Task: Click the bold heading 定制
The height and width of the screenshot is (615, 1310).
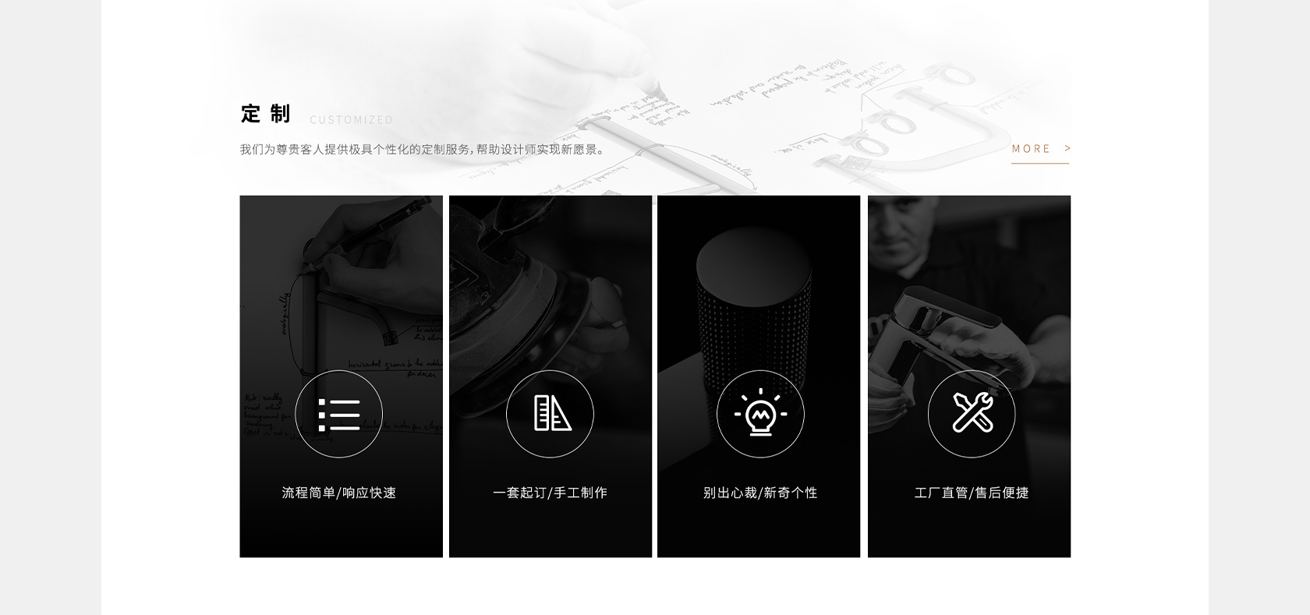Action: [x=265, y=114]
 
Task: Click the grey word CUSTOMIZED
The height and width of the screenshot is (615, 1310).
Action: [x=352, y=120]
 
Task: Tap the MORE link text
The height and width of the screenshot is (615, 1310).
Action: [x=1031, y=149]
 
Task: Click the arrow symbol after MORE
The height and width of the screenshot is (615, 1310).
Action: [x=1067, y=148]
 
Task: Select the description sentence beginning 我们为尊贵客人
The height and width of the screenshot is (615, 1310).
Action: [x=422, y=150]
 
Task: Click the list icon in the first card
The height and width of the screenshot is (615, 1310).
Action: [x=339, y=414]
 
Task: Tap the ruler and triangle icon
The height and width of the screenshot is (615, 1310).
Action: [x=551, y=413]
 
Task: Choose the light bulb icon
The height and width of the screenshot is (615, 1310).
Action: [x=760, y=414]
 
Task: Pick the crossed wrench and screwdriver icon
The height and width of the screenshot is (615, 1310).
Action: [x=972, y=413]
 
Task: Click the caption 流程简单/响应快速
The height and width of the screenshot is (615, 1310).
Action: [x=339, y=493]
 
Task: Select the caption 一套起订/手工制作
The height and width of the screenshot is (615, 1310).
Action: [x=551, y=493]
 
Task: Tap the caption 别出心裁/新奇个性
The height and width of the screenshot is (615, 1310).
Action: [x=760, y=493]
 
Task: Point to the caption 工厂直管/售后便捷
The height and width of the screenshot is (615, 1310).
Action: [x=972, y=493]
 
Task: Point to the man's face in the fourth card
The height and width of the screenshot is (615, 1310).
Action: [x=905, y=226]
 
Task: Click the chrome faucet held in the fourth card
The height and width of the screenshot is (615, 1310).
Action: [x=936, y=327]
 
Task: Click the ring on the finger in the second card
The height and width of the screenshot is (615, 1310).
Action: [x=616, y=322]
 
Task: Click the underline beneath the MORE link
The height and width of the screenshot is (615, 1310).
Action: [x=1039, y=164]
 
